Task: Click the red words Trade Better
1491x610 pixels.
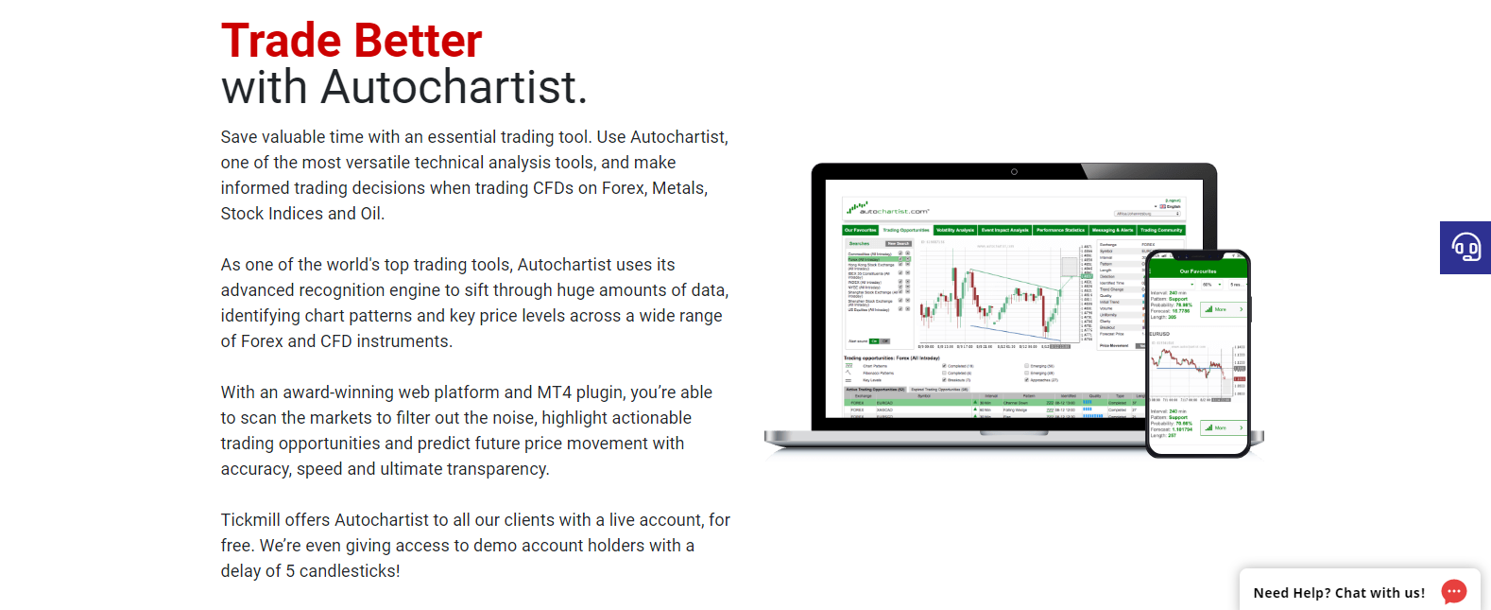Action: click(351, 42)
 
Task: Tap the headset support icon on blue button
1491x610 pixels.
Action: click(1465, 248)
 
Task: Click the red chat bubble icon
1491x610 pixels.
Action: click(1453, 592)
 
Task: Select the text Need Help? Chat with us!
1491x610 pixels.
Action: click(1339, 593)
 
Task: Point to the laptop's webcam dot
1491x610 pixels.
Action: click(1014, 172)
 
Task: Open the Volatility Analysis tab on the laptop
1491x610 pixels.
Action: click(955, 230)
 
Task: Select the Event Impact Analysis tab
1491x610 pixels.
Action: click(1004, 230)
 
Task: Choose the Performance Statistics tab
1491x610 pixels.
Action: click(1060, 230)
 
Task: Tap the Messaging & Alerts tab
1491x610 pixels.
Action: click(1112, 230)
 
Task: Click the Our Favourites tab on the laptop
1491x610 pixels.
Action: click(860, 230)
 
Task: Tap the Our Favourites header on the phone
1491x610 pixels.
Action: click(1198, 271)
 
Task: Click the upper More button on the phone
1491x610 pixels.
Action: click(1223, 309)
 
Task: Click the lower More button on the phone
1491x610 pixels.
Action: click(1223, 427)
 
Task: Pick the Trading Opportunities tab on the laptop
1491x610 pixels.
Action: click(906, 230)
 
